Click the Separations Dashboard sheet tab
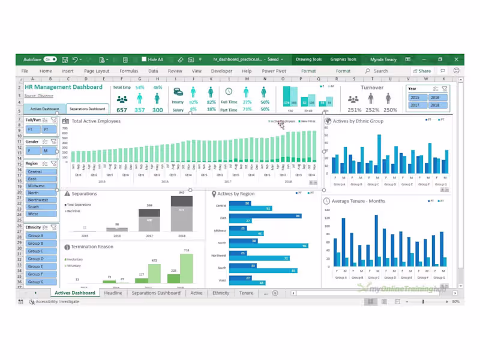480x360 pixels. pyautogui.click(x=156, y=293)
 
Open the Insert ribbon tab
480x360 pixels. pyautogui.click(x=68, y=71)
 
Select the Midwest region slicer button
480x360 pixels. pyautogui.click(x=41, y=186)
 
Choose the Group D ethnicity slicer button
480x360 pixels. pyautogui.click(x=41, y=259)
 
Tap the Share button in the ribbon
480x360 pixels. pyautogui.click(x=422, y=71)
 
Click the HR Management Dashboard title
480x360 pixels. pyautogui.click(x=64, y=87)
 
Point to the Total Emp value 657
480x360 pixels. pyautogui.click(x=122, y=110)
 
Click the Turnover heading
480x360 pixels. pyautogui.click(x=372, y=88)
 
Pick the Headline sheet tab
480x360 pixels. pyautogui.click(x=113, y=293)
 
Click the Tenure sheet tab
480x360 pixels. pyautogui.click(x=246, y=293)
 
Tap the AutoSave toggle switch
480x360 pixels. pyautogui.click(x=50, y=59)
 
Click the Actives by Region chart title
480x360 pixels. pyautogui.click(x=236, y=194)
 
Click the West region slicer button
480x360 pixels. pyautogui.click(x=41, y=214)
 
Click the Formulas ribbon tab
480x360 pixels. pyautogui.click(x=128, y=71)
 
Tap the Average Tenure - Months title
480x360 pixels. pyautogui.click(x=358, y=201)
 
